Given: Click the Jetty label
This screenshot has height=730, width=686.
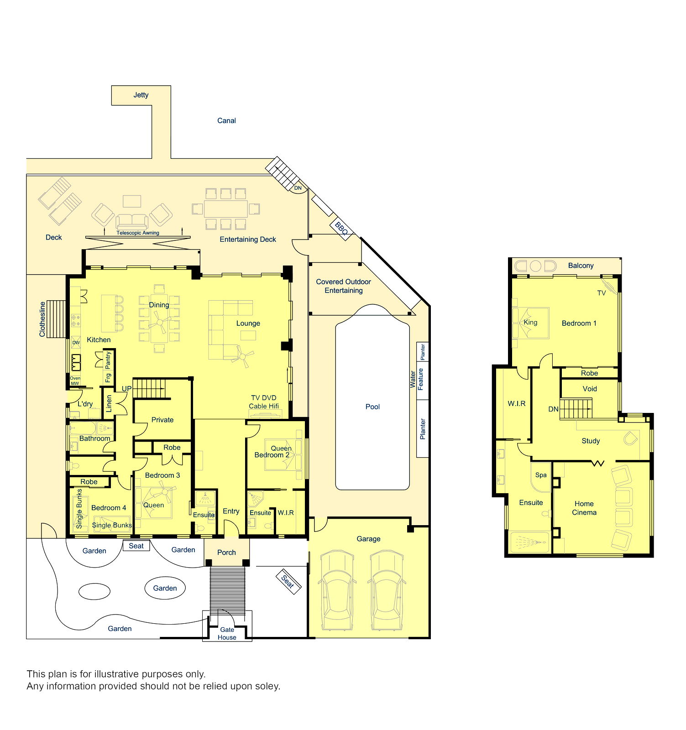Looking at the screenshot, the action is (141, 95).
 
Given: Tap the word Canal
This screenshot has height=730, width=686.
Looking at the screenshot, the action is (226, 120).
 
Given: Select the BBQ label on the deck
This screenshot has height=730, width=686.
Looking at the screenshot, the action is (341, 228).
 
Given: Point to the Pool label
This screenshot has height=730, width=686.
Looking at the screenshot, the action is (372, 407).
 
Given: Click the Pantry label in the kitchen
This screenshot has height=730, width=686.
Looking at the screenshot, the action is (108, 360).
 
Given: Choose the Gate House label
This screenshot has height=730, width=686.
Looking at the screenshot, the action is (227, 633).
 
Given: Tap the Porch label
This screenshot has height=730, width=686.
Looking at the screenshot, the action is (226, 553).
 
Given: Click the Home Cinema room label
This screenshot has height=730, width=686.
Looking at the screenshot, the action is (584, 508).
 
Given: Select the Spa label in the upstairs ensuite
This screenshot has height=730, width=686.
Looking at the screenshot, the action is (541, 475).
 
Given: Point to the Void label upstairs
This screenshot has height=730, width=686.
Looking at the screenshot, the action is (590, 389).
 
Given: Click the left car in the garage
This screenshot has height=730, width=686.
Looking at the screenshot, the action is (337, 590).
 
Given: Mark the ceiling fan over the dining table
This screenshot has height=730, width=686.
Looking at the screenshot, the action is (160, 322).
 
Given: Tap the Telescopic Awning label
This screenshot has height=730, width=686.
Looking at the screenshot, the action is (138, 233).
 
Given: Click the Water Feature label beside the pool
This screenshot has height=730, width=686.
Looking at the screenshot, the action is (416, 379).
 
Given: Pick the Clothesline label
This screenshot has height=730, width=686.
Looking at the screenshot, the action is (42, 319).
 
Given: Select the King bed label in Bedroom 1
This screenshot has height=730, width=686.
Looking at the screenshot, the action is (530, 322).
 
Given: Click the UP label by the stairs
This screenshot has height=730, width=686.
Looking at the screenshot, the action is (126, 389).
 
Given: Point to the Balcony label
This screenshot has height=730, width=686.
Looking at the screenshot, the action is (581, 266).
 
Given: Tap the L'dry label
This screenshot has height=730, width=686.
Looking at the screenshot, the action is (85, 404).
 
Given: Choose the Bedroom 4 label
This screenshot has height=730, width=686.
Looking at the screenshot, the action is (109, 508).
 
